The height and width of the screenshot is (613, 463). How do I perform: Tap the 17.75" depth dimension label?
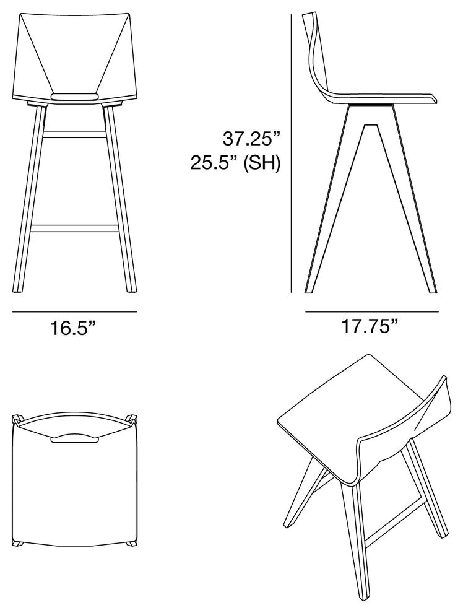pyautogui.click(x=370, y=326)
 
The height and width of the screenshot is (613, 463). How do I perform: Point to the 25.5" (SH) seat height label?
pyautogui.click(x=235, y=163)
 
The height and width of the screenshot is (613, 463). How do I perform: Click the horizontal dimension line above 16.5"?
pyautogui.click(x=74, y=311)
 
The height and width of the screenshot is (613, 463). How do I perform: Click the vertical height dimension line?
pyautogui.click(x=291, y=154)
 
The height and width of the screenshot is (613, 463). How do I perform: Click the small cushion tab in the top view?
pyautogui.click(x=74, y=438)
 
